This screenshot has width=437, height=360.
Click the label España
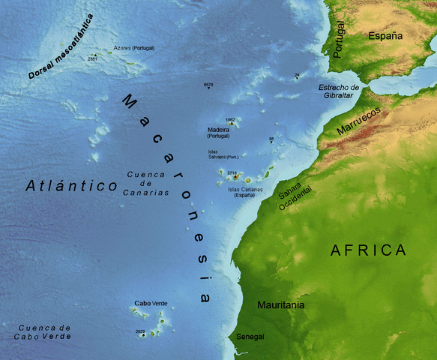click(385, 35)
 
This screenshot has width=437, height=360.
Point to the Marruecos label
click(358, 119)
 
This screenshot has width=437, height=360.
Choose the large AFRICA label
click(368, 250)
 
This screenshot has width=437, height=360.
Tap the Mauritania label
click(281, 306)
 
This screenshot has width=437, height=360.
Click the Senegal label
click(250, 337)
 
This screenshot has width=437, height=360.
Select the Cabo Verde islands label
click(151, 303)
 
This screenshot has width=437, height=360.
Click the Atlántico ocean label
click(70, 185)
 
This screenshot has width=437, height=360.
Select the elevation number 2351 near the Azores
click(92, 58)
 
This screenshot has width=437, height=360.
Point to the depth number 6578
click(208, 85)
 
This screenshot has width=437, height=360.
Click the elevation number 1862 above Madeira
click(230, 119)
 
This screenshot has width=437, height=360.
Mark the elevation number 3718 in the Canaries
click(232, 173)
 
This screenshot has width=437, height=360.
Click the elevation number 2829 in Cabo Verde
click(140, 331)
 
